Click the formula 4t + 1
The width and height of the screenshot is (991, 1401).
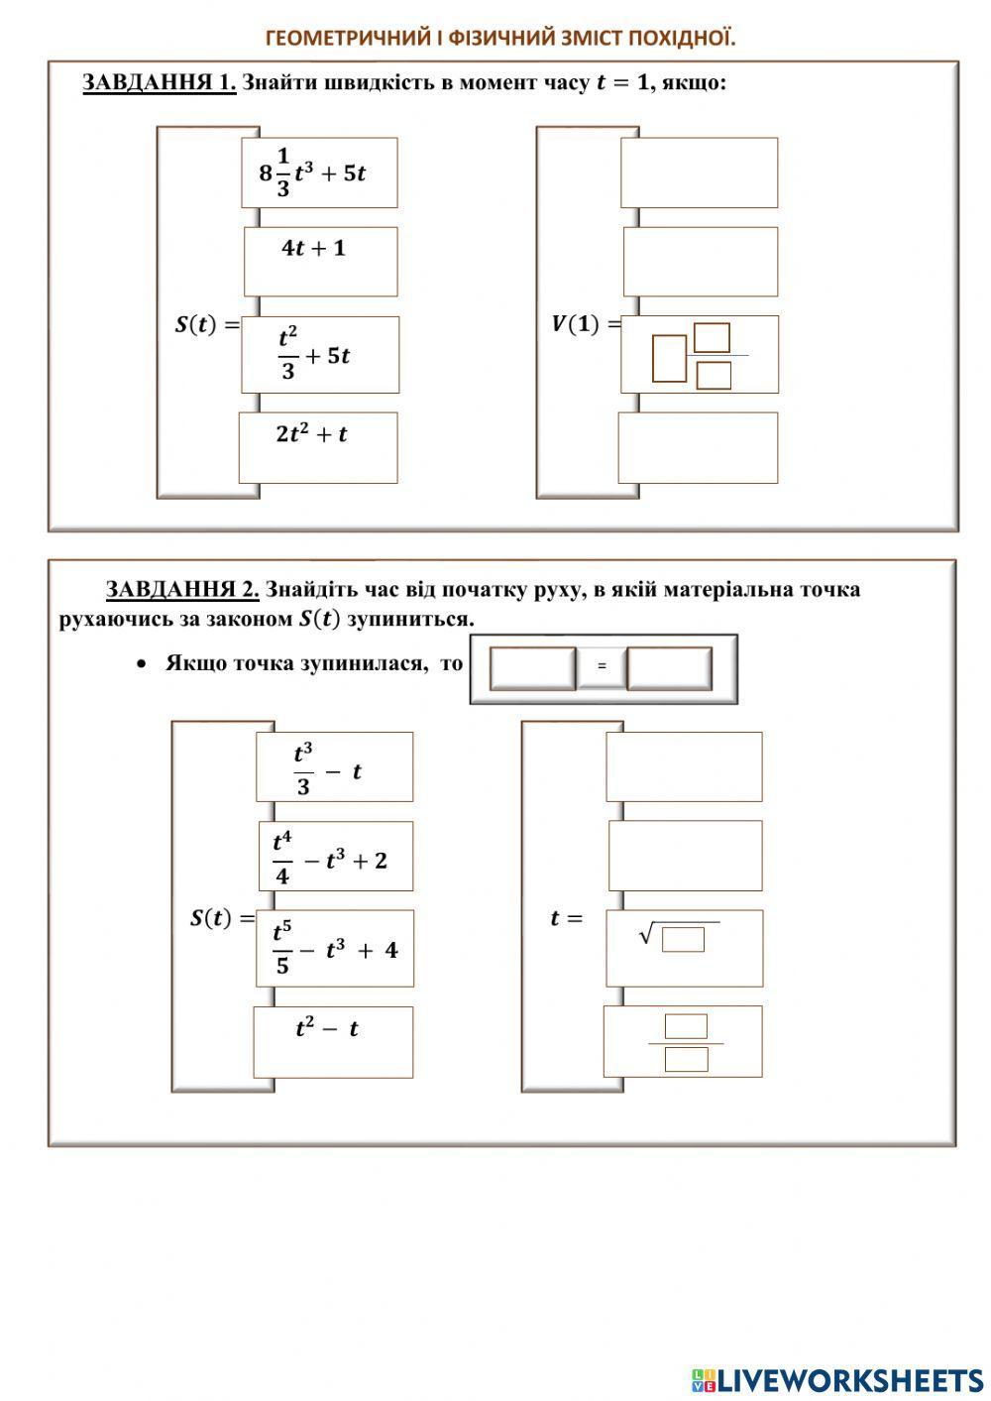click(314, 249)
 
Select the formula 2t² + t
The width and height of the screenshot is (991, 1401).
click(312, 434)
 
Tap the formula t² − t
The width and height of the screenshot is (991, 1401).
click(327, 1029)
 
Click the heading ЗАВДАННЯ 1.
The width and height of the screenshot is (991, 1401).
click(159, 82)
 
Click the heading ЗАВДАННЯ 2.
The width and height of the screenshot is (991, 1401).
click(182, 590)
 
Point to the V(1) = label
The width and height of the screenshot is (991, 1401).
click(586, 324)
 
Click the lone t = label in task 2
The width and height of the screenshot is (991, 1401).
click(566, 918)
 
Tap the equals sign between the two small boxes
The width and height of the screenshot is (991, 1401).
click(602, 666)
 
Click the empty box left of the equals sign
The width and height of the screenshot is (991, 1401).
click(532, 668)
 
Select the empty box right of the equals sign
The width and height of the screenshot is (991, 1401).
click(669, 668)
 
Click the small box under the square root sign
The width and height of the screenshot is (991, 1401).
click(683, 939)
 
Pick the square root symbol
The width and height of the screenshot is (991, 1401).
click(647, 933)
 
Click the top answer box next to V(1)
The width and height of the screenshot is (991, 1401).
click(699, 173)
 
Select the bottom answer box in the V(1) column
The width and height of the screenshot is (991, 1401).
click(698, 448)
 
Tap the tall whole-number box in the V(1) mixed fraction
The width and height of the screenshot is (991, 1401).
click(669, 358)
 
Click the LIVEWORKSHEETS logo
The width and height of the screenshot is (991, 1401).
click(837, 1379)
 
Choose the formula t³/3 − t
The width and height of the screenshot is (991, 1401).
click(328, 769)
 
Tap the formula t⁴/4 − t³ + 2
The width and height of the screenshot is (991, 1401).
click(330, 859)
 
